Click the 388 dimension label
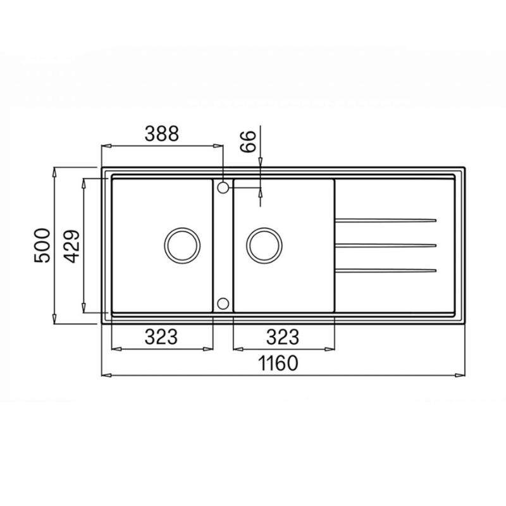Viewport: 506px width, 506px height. click(161, 133)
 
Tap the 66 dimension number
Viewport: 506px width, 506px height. click(248, 141)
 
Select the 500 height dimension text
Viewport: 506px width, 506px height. click(42, 245)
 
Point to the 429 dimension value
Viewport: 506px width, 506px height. click(71, 246)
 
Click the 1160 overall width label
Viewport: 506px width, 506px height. click(278, 363)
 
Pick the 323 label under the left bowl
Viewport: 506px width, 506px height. click(161, 336)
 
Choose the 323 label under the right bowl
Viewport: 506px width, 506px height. click(283, 336)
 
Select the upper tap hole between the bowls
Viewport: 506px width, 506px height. click(223, 187)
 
